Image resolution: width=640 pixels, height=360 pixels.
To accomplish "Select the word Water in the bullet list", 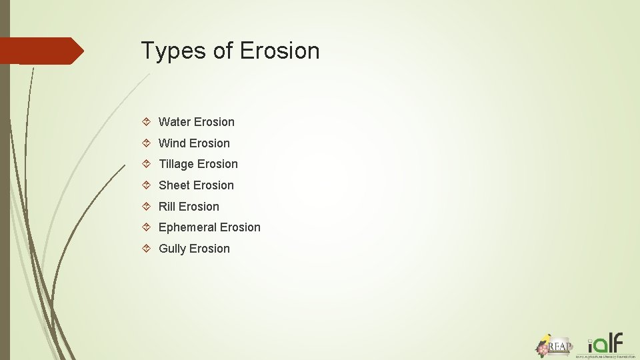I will click(175, 122).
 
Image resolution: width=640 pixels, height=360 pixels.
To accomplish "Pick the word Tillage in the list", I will click(176, 164).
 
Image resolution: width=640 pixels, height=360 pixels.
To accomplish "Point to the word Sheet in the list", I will click(174, 185).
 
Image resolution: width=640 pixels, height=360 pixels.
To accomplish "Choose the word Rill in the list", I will click(167, 207).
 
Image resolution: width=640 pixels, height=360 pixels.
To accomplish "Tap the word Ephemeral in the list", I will click(187, 227).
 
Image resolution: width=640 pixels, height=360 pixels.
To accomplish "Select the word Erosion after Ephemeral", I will click(240, 227).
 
